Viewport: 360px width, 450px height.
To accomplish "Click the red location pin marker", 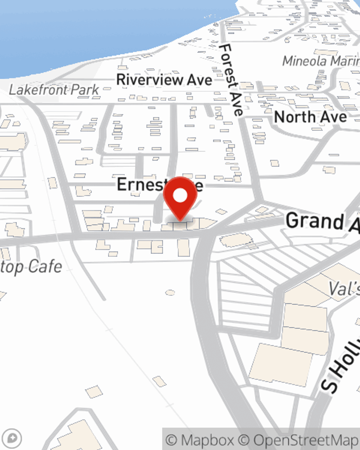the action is click(180, 198).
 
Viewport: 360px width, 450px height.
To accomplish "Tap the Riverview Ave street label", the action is click(164, 80).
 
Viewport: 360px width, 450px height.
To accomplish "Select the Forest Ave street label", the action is click(232, 80).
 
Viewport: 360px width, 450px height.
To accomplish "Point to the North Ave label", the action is click(310, 117).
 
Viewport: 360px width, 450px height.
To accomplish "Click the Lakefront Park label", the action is click(54, 90).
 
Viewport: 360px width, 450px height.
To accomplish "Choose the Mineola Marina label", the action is click(320, 61).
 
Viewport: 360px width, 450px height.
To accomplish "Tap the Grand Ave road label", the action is click(322, 221).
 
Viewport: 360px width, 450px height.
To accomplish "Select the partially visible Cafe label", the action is click(32, 267).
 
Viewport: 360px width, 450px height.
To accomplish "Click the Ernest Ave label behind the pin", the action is click(140, 184).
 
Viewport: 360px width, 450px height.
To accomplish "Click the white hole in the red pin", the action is click(180, 196).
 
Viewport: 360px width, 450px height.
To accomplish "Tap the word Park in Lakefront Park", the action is click(85, 90).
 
